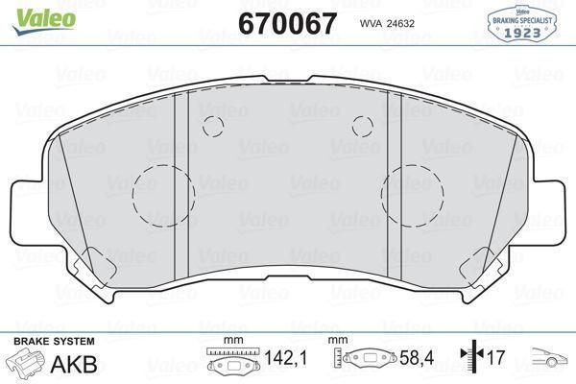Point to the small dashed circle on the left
(212, 126)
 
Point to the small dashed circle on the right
(362, 125)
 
